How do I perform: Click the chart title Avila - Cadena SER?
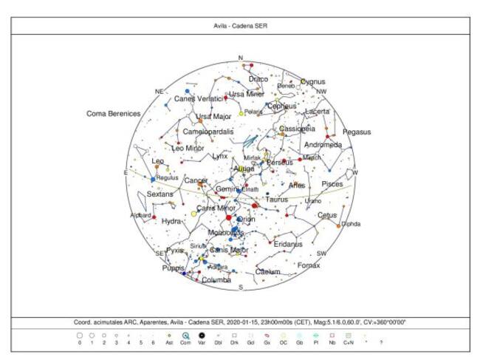click(240, 26)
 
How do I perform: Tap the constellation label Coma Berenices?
click(113, 114)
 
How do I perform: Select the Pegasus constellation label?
click(357, 132)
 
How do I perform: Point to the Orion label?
click(245, 219)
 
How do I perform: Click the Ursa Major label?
click(214, 117)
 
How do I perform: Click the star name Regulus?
click(168, 177)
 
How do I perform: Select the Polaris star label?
click(253, 112)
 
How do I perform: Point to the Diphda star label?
click(352, 225)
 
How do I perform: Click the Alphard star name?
click(140, 216)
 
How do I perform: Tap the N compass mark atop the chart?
click(240, 58)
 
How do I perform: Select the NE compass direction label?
click(158, 92)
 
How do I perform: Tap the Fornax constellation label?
click(308, 265)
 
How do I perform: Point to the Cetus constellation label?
click(327, 215)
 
